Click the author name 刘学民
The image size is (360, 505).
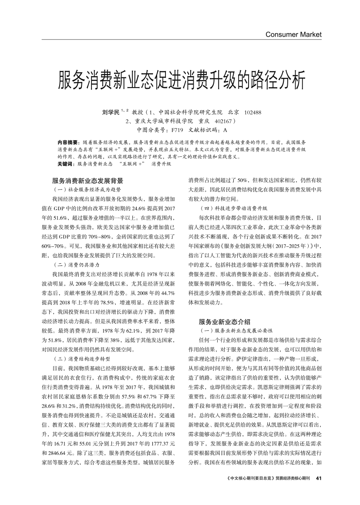pyautogui.click(x=110, y=112)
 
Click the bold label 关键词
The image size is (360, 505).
pyautogui.click(x=65, y=164)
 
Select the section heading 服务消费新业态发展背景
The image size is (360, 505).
pyautogui.click(x=87, y=181)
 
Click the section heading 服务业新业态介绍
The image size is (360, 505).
pyautogui.click(x=224, y=322)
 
